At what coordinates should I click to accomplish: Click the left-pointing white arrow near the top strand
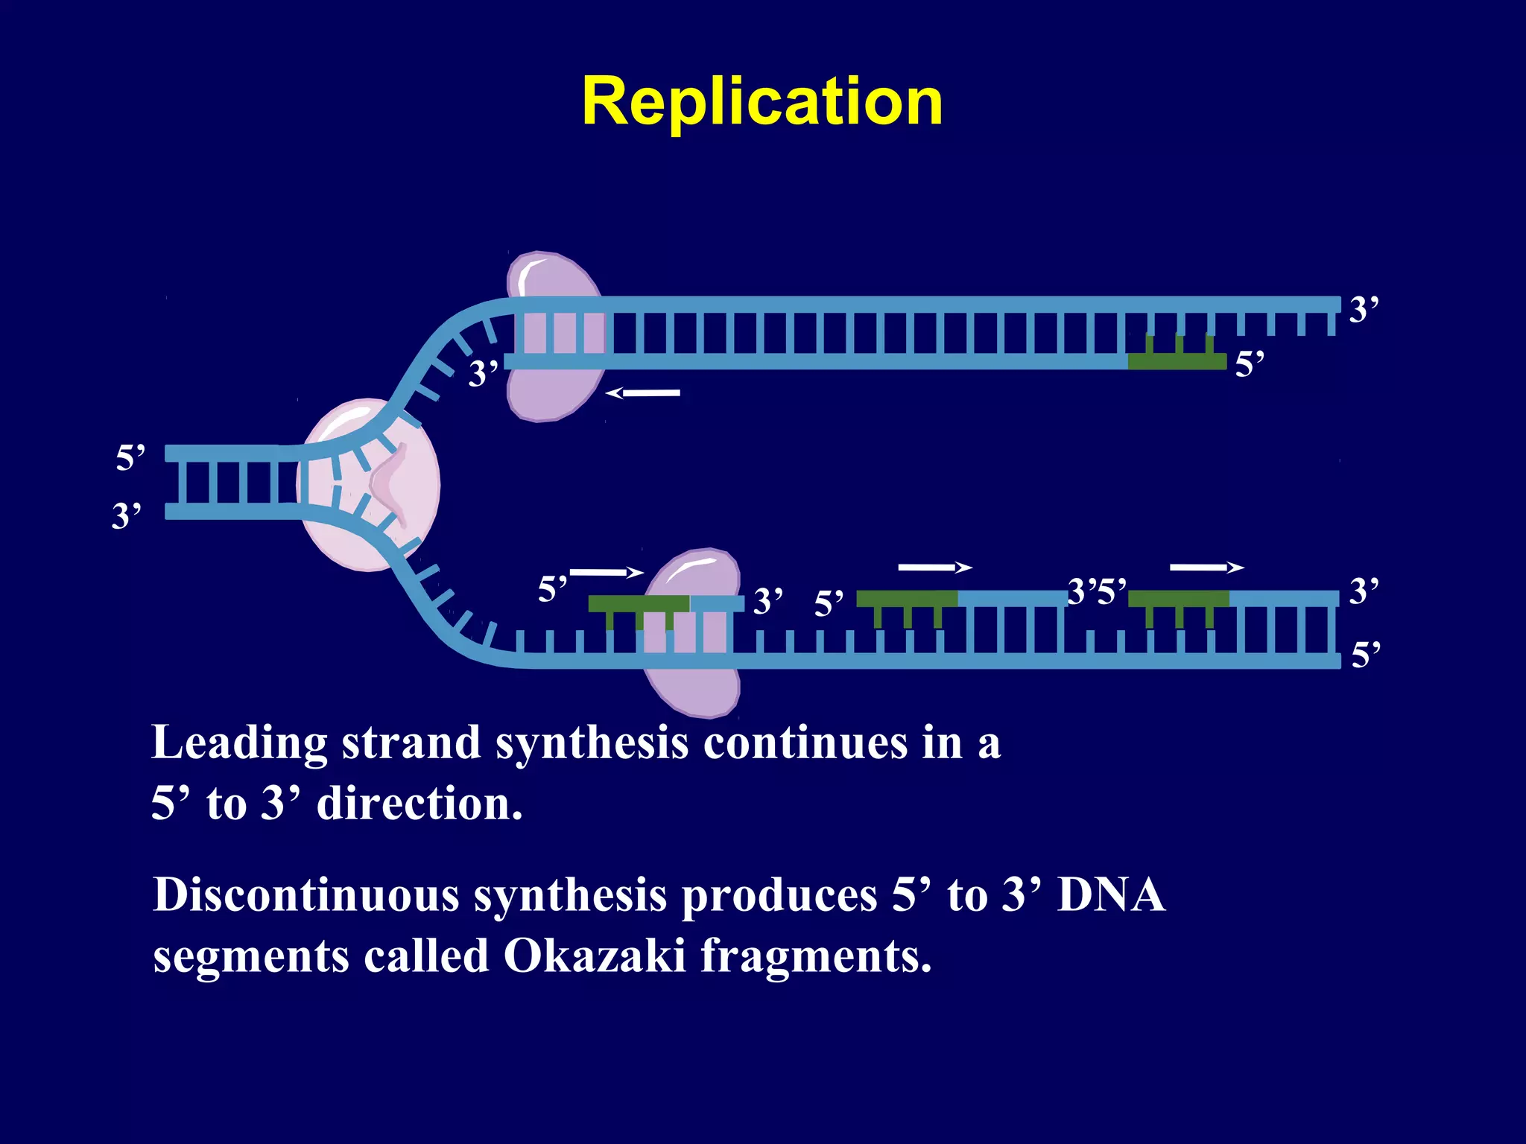tap(642, 393)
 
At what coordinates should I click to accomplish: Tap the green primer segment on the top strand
tap(1177, 361)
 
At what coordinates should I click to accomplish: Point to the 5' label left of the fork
tap(130, 457)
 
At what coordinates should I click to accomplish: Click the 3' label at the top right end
tap(1364, 309)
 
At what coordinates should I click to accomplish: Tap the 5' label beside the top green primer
tap(1250, 364)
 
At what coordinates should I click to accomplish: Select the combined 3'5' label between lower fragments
tap(1097, 592)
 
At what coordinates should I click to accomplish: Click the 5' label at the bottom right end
tap(1365, 655)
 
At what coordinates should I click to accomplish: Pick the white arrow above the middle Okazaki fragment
tap(934, 568)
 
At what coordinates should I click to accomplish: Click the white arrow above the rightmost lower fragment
tap(1206, 568)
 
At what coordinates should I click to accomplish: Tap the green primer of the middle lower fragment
tap(906, 598)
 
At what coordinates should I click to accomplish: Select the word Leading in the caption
tap(239, 743)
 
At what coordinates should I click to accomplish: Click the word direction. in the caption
tap(420, 804)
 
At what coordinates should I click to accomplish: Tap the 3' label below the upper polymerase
tap(483, 373)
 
